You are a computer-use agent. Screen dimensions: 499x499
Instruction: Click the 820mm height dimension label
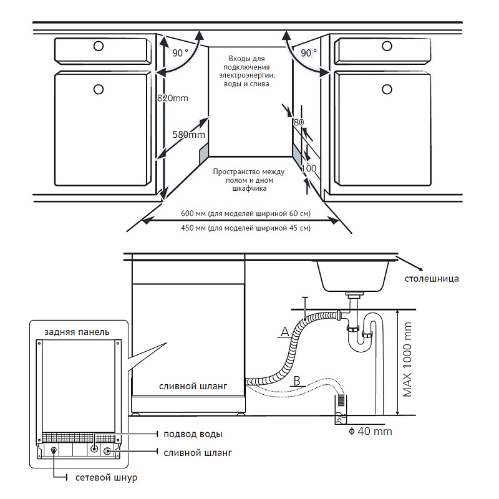pos(172,98)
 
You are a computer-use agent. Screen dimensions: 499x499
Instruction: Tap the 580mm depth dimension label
pos(189,134)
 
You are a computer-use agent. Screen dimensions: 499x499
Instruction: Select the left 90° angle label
pos(180,53)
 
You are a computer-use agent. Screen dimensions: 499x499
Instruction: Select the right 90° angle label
pos(309,53)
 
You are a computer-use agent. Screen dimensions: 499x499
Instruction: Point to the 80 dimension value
pos(298,122)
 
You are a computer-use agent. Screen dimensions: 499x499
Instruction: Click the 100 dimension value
pos(308,168)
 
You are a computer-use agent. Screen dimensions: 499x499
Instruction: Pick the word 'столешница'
pos(432,278)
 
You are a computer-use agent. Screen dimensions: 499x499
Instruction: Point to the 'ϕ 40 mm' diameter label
pos(371,431)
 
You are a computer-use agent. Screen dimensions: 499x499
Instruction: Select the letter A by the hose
pos(285,332)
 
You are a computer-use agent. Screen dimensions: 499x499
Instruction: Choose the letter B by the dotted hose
pos(298,379)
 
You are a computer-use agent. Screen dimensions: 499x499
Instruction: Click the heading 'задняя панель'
pos(77,331)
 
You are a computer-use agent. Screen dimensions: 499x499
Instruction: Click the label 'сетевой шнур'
pos(105,478)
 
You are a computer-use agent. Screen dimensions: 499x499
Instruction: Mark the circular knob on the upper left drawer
pos(98,46)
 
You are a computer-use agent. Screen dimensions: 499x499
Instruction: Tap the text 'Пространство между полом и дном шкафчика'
pos(248,180)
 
